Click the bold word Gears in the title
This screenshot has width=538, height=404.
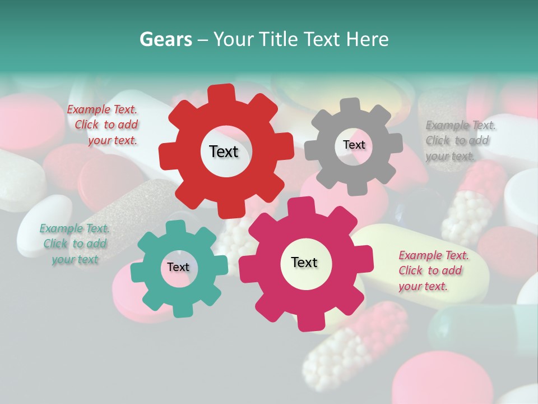[x=165, y=39]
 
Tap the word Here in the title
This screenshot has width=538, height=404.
[x=368, y=39]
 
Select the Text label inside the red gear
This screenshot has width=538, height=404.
[x=224, y=151]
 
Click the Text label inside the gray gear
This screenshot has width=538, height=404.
[x=354, y=145]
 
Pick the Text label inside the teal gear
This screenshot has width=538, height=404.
[x=178, y=267]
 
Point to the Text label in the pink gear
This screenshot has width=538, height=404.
[x=304, y=262]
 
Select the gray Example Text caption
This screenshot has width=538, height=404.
[x=460, y=140]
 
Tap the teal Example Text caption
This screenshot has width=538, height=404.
[x=75, y=244]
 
